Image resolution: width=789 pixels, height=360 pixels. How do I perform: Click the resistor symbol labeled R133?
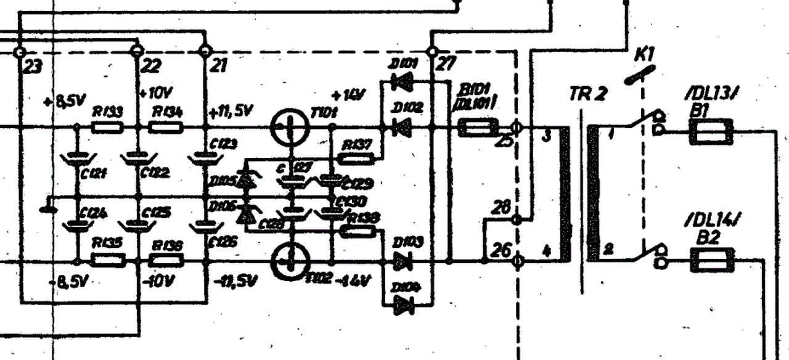(107, 128)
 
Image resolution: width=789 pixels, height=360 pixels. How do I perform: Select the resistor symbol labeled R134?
(166, 128)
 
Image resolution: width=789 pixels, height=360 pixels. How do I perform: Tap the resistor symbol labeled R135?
(108, 261)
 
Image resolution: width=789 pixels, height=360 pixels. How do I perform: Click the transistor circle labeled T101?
(290, 128)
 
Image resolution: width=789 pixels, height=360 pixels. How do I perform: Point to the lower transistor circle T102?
(290, 261)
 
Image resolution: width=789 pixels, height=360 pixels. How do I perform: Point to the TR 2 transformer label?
(588, 94)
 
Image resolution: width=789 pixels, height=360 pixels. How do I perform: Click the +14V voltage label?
(349, 96)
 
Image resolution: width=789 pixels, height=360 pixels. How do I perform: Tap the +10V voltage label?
(154, 93)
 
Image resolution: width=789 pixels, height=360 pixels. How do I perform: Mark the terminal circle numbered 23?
(20, 51)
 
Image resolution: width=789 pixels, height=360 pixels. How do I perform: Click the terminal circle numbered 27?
(433, 51)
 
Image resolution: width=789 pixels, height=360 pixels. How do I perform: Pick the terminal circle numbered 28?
(517, 219)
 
